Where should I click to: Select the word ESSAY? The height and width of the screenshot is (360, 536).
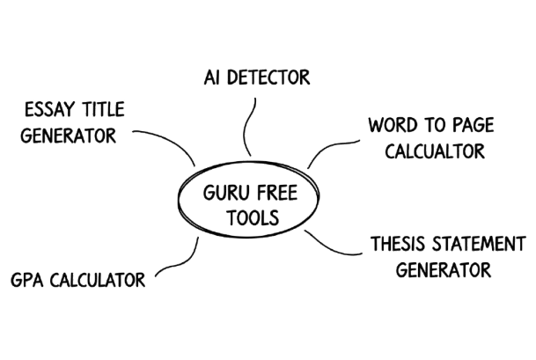tap(50, 110)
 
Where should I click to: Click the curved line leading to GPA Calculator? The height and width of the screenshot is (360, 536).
tap(176, 264)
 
